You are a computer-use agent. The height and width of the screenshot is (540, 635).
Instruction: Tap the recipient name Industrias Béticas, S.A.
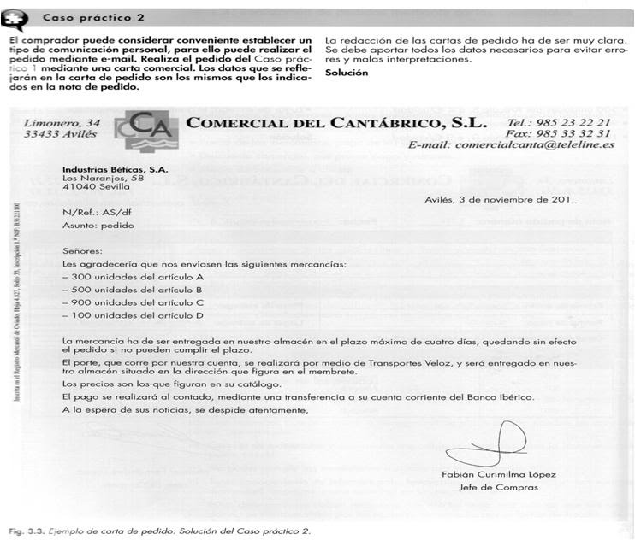point(114,169)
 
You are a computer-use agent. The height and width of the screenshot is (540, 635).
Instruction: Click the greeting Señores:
point(82,252)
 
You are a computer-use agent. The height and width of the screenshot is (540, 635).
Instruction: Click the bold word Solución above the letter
point(347,73)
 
